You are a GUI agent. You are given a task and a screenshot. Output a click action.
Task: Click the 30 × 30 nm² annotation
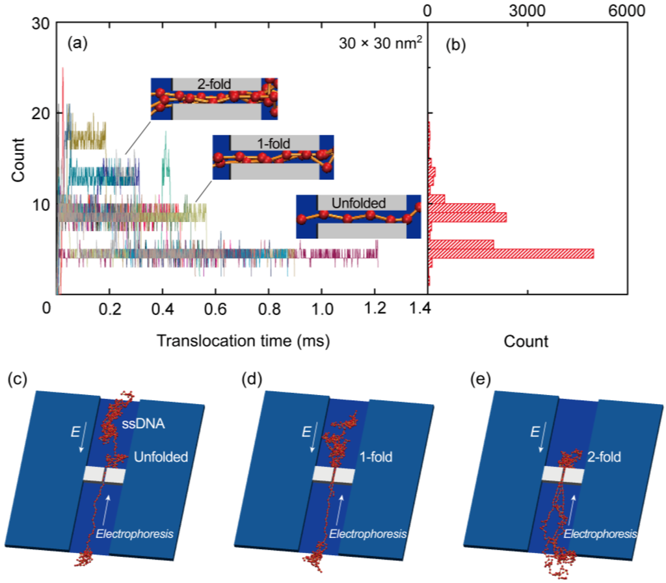tap(381, 44)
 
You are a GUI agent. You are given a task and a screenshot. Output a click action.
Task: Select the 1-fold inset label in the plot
tap(274, 141)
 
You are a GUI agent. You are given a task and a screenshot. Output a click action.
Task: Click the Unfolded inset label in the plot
tap(359, 201)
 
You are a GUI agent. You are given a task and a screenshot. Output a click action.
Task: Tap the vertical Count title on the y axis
tap(18, 159)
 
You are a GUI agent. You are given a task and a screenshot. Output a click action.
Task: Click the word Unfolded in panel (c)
tap(161, 457)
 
